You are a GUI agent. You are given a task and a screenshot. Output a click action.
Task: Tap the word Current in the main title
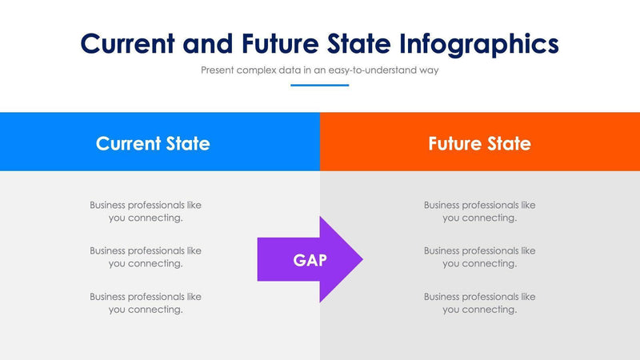(130, 43)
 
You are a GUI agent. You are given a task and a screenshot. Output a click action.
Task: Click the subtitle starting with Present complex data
(320, 70)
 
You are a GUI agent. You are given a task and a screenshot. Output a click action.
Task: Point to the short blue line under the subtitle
(320, 85)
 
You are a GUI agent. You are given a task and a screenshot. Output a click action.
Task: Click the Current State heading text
(153, 143)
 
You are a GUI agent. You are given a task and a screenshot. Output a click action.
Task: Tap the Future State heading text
(479, 143)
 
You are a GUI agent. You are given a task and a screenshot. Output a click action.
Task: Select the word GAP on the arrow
(310, 260)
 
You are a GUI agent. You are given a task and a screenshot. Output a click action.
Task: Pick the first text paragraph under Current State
(146, 211)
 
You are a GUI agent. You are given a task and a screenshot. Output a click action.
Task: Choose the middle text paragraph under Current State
(146, 257)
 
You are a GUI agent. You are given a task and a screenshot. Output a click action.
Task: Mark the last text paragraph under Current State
(146, 302)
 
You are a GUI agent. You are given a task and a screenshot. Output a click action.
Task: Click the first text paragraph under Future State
(479, 211)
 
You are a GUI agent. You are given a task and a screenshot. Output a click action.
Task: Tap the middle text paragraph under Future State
(479, 257)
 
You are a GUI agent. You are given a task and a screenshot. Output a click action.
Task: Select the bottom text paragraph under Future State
(479, 302)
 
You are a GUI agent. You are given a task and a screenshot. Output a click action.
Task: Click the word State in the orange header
(509, 143)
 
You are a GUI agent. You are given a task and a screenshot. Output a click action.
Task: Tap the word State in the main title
(359, 43)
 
